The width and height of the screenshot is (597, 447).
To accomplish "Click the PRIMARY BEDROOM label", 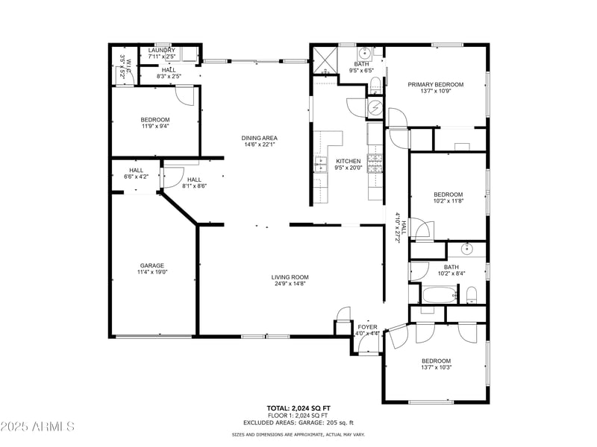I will click(x=435, y=84).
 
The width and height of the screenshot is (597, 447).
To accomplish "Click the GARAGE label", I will click(x=152, y=265).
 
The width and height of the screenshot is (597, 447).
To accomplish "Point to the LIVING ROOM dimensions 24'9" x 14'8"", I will click(x=290, y=284).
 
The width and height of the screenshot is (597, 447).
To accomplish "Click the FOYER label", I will click(x=368, y=327).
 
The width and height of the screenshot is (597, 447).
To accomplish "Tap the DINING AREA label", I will click(x=259, y=138).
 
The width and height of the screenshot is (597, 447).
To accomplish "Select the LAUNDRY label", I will click(x=161, y=50).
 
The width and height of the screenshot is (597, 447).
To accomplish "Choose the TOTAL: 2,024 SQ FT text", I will click(x=298, y=408).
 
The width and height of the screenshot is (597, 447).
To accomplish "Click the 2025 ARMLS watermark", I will click(x=37, y=427).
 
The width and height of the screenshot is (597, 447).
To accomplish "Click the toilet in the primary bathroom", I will click(x=376, y=87).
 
